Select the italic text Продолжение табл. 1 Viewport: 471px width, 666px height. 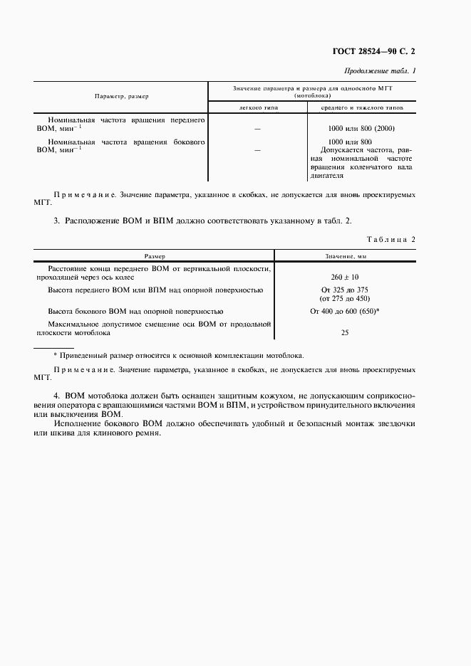click(380, 71)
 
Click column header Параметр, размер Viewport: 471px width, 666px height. click(121, 95)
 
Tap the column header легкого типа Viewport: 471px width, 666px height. click(257, 107)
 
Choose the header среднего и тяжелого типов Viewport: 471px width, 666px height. click(361, 107)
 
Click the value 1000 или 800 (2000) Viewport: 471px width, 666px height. click(361, 128)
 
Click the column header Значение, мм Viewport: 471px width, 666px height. click(345, 255)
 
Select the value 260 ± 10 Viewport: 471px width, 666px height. click(345, 277)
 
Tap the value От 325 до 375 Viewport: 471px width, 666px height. click(345, 290)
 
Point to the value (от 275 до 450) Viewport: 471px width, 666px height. click(345, 298)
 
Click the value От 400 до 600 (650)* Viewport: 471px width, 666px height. click(345, 312)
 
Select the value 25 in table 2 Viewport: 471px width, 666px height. click(345, 332)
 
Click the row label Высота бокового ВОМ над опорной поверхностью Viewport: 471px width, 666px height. click(135, 312)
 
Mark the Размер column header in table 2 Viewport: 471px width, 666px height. click(155, 255)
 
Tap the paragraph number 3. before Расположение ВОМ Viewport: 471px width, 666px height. click(57, 221)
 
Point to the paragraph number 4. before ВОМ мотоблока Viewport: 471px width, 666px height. click(57, 396)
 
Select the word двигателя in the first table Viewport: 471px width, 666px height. click(326, 175)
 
